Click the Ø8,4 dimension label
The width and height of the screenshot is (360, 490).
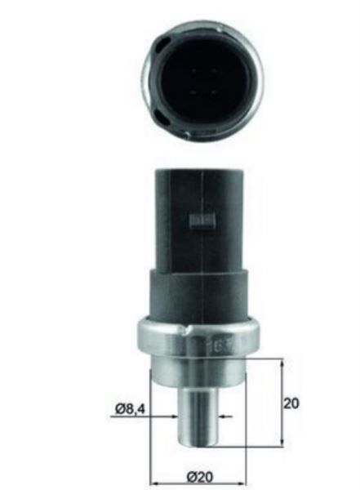[x=130, y=409]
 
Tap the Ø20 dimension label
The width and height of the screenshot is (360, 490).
[x=200, y=477]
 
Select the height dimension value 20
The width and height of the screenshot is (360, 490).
[x=291, y=403]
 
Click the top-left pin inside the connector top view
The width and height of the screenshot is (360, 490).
[x=193, y=72]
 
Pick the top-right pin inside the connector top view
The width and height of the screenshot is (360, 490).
[x=215, y=71]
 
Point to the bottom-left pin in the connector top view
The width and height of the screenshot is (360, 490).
[x=193, y=92]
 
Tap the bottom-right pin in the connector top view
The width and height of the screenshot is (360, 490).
[x=215, y=92]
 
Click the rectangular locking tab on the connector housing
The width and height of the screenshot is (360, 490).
[x=203, y=221]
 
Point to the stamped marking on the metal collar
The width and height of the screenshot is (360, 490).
[x=216, y=345]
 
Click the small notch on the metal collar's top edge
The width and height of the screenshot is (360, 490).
[x=187, y=329]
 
